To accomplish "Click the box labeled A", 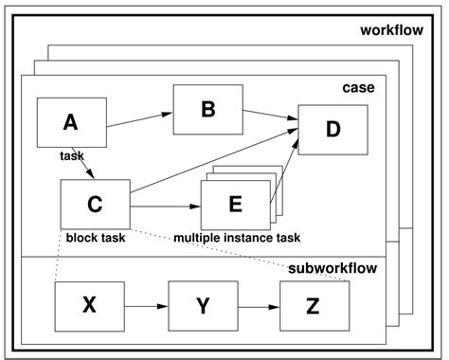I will (x=71, y=122).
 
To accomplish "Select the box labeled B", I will (x=207, y=109).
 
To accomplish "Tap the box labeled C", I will (x=95, y=203).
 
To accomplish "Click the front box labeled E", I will (x=234, y=205).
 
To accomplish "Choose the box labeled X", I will (x=90, y=305).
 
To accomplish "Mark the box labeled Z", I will (x=314, y=305).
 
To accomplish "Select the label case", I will (x=358, y=88).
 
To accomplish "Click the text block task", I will (x=96, y=238).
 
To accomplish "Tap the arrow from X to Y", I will (x=146, y=306).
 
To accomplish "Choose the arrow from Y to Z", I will (x=259, y=306).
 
